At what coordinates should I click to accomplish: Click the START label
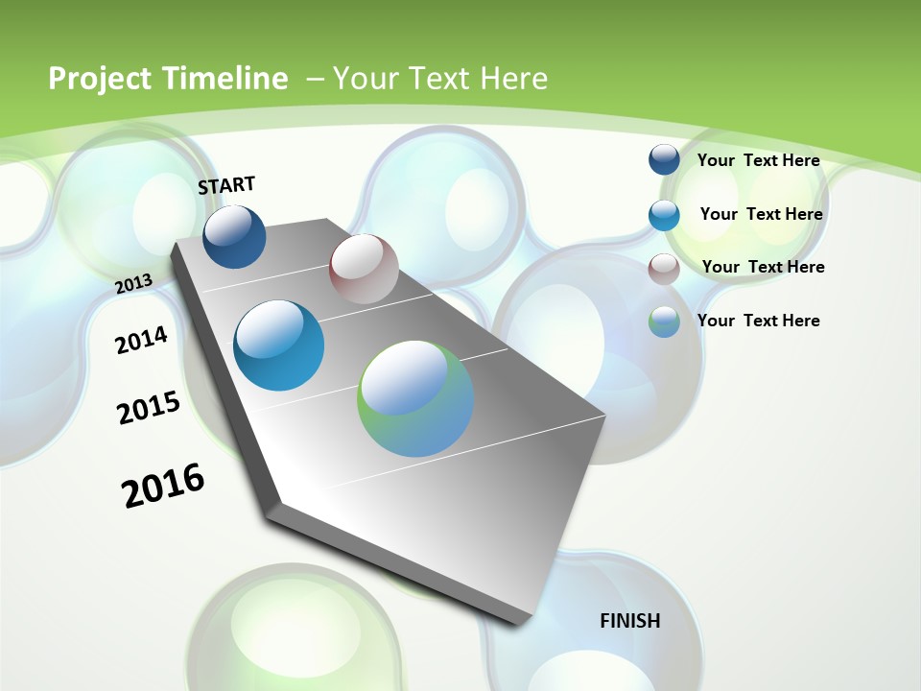pos(226,185)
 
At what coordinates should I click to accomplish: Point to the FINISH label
pos(629,621)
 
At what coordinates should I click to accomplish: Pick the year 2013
pos(133,283)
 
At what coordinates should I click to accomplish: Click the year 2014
pos(141,340)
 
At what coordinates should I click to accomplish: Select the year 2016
pos(163,486)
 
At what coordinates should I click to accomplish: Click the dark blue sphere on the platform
pos(234,236)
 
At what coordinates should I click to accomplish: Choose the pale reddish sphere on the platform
pos(364,269)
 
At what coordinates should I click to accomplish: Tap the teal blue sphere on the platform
pos(279,345)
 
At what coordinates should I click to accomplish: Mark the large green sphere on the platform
pos(416,398)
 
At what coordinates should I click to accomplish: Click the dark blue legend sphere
pos(664,159)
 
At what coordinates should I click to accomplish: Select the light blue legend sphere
pos(664,215)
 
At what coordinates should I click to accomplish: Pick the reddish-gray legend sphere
pos(664,269)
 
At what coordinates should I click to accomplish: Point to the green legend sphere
pos(664,322)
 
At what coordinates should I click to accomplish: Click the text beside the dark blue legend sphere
pos(758,160)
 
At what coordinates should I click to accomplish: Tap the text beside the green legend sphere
pos(758,321)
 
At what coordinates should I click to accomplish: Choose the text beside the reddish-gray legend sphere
pos(763,267)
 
